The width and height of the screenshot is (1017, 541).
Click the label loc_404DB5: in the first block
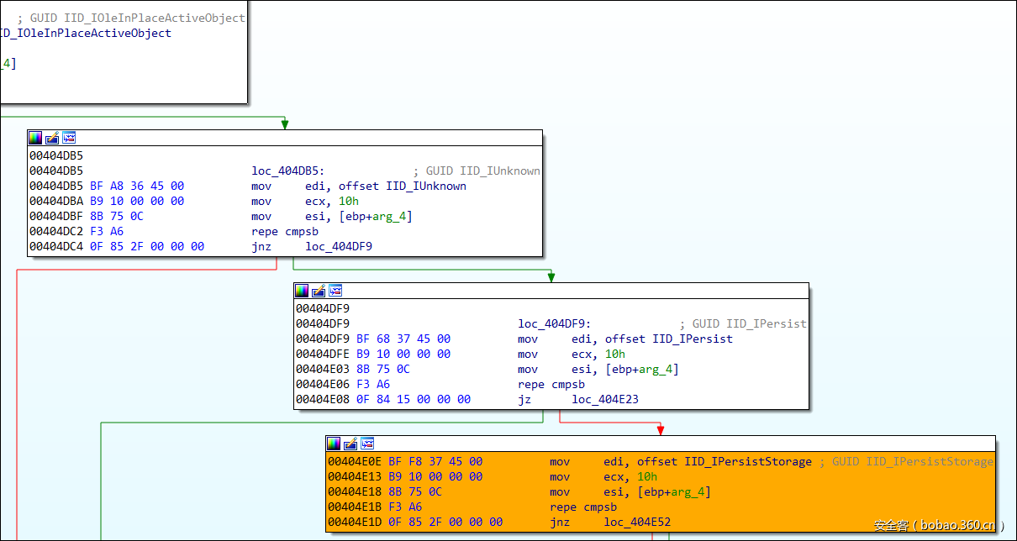(290, 171)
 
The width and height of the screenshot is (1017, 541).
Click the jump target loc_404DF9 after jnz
(339, 246)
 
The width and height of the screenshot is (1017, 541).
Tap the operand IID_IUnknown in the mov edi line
(425, 186)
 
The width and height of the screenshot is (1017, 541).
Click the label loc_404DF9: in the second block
(556, 323)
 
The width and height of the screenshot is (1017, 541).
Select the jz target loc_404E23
(605, 399)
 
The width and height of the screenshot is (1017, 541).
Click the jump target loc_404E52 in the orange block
(637, 522)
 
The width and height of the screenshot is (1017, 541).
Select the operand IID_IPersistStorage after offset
(748, 461)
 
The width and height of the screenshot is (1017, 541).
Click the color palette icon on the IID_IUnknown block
(35, 137)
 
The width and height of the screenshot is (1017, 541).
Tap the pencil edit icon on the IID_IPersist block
(319, 291)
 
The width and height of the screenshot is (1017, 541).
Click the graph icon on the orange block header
(367, 444)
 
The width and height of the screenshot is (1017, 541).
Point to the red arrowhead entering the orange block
(661, 430)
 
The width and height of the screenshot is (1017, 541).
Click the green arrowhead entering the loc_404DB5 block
(285, 124)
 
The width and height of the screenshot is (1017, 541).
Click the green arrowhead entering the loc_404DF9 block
(551, 277)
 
